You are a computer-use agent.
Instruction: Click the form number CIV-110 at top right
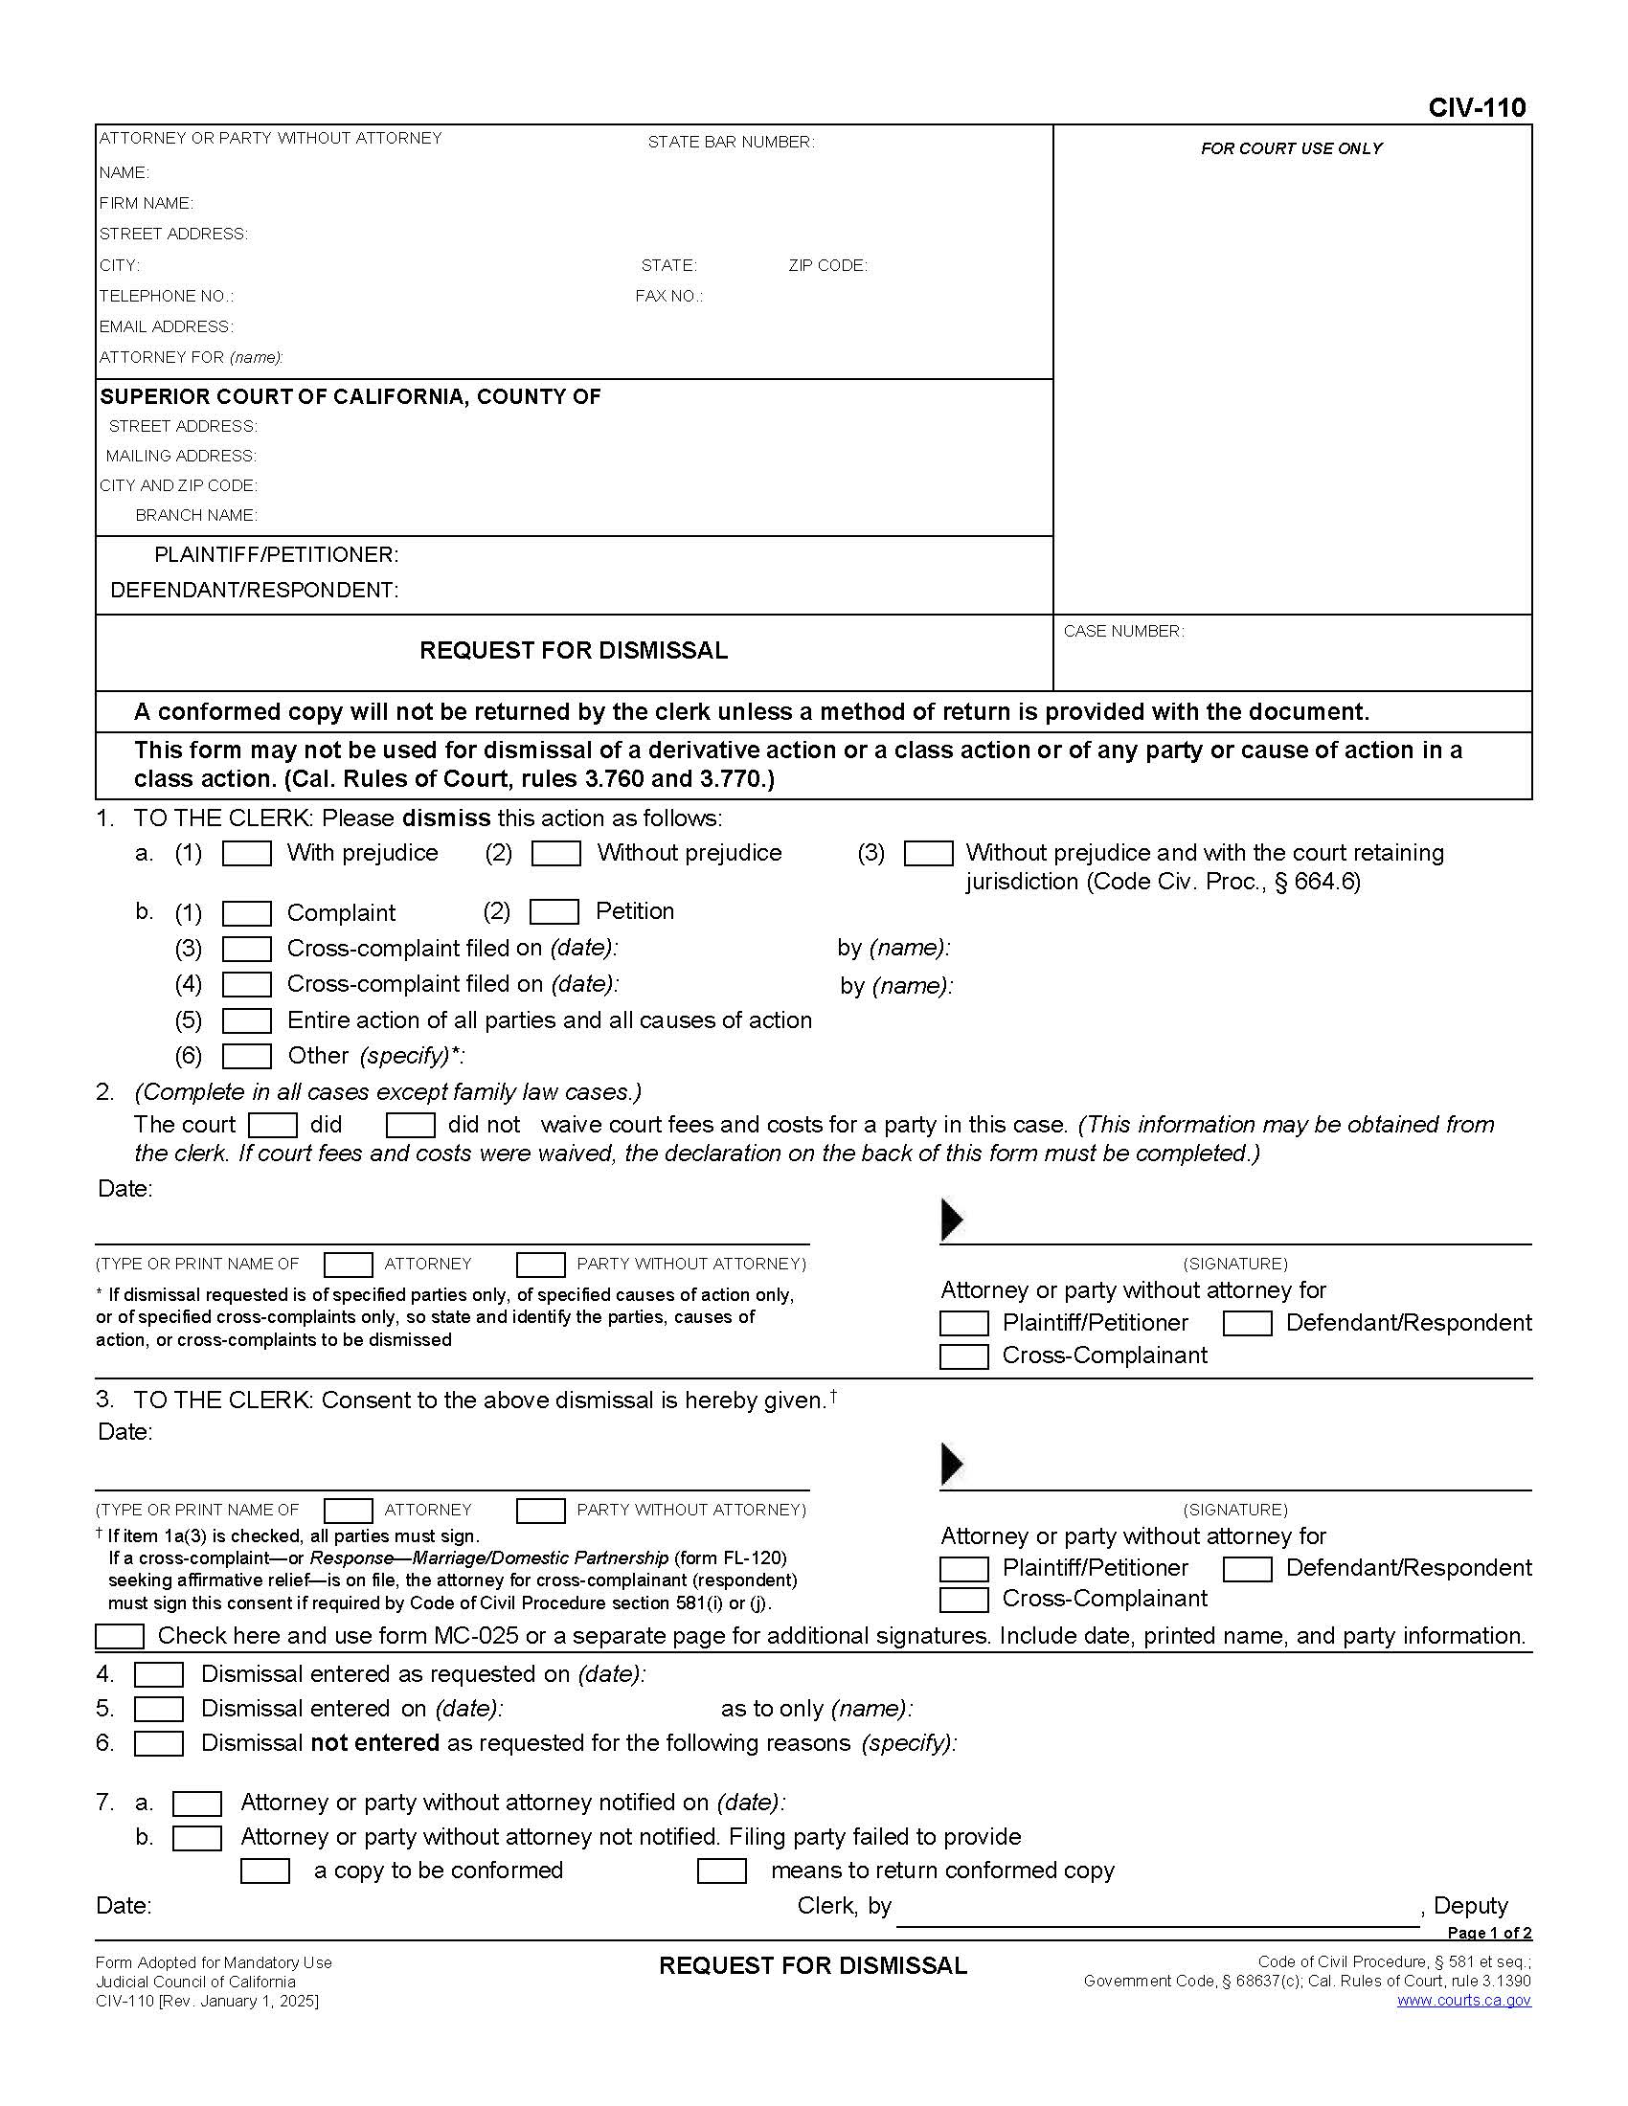pos(1477,107)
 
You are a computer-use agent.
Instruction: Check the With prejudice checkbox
pos(247,853)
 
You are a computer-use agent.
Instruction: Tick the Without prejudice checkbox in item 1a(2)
pos(555,853)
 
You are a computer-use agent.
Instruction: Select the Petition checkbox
pos(554,911)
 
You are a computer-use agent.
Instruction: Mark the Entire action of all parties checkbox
pos(247,1020)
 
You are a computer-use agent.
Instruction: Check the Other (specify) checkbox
pos(247,1056)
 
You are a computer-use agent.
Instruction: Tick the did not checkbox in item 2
pos(410,1126)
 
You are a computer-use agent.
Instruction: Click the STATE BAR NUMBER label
pos(730,142)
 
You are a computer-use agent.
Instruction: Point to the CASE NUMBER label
pos(1123,631)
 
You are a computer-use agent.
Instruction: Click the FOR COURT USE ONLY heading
pos(1292,148)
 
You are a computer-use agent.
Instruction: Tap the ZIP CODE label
pos(827,265)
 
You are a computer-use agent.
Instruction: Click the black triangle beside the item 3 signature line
pos(951,1464)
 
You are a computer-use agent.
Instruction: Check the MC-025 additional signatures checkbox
pos(120,1636)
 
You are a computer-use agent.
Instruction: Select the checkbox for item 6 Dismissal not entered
pos(158,1743)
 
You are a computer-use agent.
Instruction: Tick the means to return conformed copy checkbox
pos(721,1871)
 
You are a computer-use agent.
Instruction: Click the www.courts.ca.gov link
pos(1463,2001)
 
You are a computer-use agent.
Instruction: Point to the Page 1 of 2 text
pos(1489,1933)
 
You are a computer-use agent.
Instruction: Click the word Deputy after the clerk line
pos(1470,1905)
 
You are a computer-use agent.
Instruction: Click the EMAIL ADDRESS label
pos(166,326)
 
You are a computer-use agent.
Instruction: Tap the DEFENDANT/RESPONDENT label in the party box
pos(254,590)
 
